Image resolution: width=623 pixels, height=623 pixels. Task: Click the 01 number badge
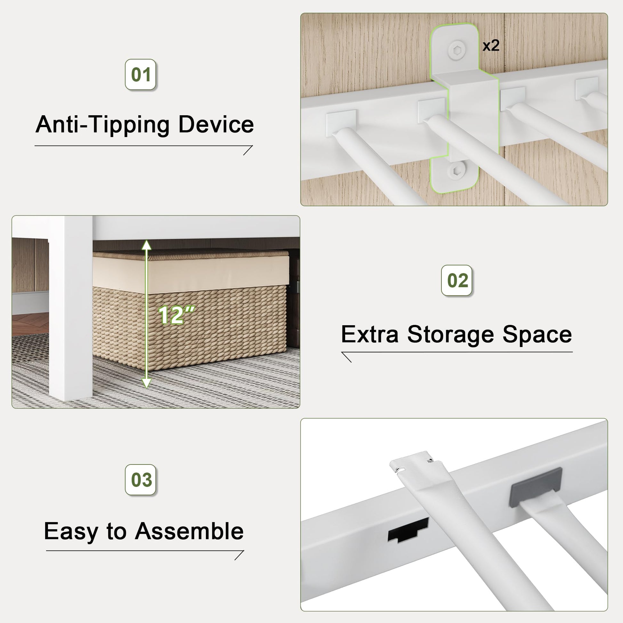[x=141, y=75]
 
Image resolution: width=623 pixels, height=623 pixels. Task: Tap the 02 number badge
[x=457, y=280]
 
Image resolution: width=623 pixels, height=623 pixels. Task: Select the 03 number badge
[x=141, y=480]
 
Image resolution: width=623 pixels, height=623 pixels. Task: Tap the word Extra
[x=370, y=334]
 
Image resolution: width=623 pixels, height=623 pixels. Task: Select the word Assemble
[x=189, y=531]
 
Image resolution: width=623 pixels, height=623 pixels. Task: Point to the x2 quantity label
[x=491, y=45]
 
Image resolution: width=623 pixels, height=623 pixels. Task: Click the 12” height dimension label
[x=176, y=315]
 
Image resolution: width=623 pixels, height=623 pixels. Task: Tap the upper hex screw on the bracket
[x=457, y=50]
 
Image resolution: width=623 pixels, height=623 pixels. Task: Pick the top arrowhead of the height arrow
[x=147, y=245]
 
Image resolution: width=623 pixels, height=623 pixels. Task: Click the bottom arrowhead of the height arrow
[x=147, y=383]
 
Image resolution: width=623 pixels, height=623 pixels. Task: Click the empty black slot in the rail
[x=408, y=530]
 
